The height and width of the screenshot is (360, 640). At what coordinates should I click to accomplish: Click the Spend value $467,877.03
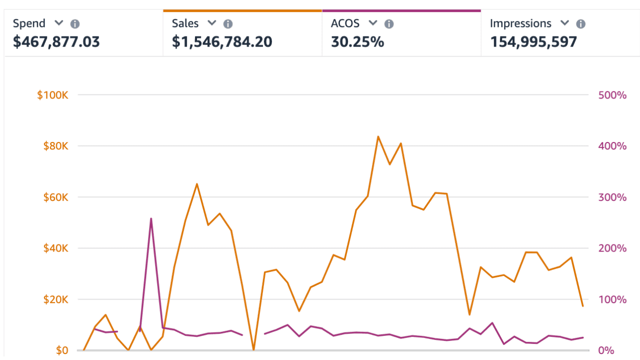point(56,41)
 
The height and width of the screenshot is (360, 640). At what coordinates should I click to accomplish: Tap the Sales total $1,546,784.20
point(222,41)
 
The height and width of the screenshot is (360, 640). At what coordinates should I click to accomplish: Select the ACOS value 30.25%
point(357,41)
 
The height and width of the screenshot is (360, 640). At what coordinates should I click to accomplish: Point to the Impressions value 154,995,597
point(533,41)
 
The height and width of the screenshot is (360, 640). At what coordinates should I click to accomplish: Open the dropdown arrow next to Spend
point(58,23)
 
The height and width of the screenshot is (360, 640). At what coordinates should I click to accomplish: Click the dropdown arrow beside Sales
point(211,23)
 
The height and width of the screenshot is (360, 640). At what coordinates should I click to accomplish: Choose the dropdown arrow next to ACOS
point(372,23)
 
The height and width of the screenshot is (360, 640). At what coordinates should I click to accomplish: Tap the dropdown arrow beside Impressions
point(564,23)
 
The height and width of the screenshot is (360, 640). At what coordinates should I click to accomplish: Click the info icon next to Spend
point(75,23)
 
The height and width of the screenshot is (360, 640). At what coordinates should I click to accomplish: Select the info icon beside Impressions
point(580,23)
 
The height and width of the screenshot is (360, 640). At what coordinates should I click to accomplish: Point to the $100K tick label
point(52,94)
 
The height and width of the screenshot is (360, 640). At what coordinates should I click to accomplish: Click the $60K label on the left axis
point(54,197)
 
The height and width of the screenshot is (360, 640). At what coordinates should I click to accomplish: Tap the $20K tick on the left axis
point(54,299)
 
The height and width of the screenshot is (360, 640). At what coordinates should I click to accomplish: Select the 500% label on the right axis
point(612,94)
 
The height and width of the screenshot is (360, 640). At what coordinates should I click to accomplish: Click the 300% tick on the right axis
point(612,197)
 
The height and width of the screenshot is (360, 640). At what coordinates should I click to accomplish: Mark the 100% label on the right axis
point(612,299)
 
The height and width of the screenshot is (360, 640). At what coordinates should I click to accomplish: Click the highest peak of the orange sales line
point(378,136)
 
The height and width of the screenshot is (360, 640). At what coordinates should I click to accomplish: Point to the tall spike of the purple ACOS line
point(151,218)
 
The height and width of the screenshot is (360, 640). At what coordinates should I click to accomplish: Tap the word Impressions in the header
point(520,23)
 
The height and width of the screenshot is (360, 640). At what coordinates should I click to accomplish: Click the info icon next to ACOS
point(389,23)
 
